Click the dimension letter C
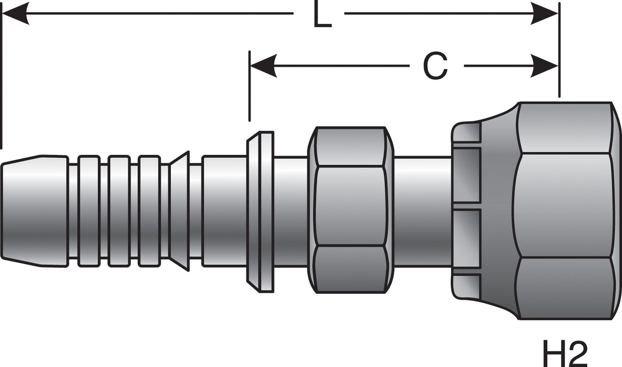tap(435, 66)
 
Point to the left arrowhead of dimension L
tap(15, 13)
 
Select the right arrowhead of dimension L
tap(544, 13)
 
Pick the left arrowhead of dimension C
tap(263, 66)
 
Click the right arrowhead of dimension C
tap(544, 66)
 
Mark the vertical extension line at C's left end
tap(249, 86)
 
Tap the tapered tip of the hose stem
tap(21, 211)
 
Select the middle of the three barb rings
tap(119, 211)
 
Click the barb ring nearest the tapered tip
tap(89, 211)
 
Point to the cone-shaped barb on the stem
tap(179, 211)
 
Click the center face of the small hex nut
tap(350, 206)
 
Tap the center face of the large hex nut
tap(564, 205)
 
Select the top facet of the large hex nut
tap(564, 127)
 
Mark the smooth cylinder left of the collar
tap(224, 211)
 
